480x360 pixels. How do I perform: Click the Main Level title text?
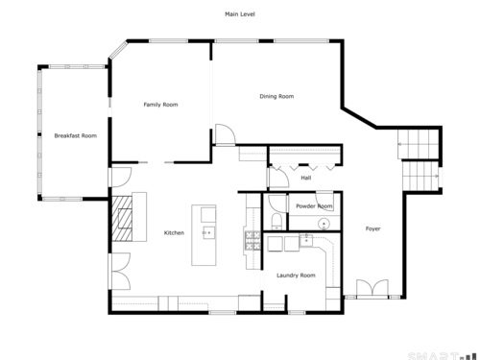[240, 14]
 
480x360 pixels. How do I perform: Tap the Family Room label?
[160, 105]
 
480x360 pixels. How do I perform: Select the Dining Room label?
[276, 96]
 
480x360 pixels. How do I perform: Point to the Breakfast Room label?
[75, 135]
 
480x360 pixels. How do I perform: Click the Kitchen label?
[174, 233]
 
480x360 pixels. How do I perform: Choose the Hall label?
[306, 178]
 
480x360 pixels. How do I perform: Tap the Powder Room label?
[314, 206]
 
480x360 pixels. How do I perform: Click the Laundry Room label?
[296, 276]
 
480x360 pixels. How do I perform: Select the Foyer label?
[372, 228]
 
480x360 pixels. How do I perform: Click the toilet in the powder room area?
[276, 221]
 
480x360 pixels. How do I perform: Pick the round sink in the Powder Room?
[324, 224]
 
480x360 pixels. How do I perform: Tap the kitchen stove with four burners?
[252, 240]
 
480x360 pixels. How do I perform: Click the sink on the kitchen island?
[208, 232]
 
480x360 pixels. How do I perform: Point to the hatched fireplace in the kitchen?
[121, 219]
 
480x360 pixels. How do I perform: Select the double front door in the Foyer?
[372, 288]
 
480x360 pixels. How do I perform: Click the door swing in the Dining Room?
[226, 134]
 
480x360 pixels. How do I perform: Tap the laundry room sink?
[306, 240]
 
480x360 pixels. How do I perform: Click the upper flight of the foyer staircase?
[418, 144]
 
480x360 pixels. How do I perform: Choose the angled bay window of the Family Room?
[118, 50]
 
